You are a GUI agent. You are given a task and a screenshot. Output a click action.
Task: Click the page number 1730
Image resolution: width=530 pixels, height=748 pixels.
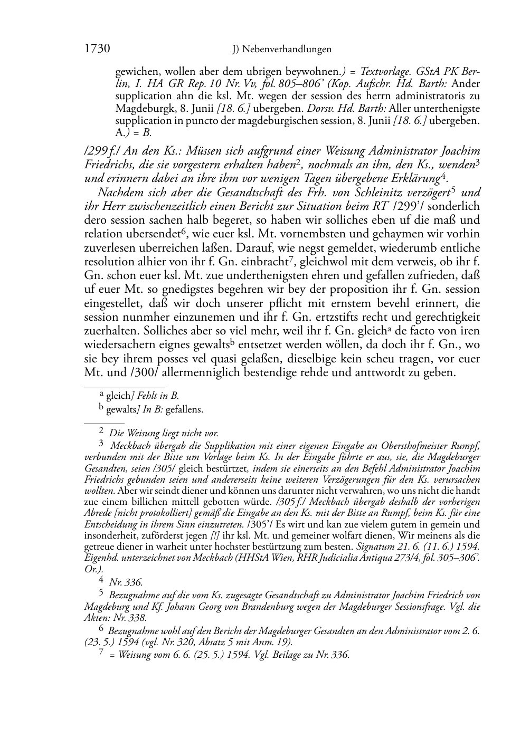pos(97,49)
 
